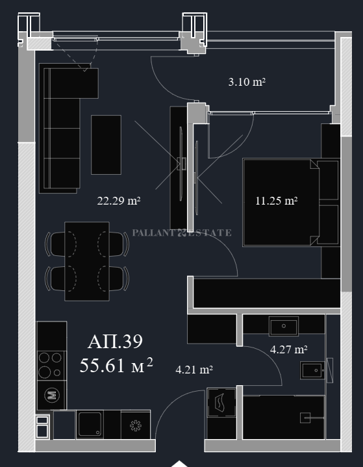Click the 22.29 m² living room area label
(x=119, y=201)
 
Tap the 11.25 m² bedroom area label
(x=277, y=201)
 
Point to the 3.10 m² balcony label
(x=247, y=82)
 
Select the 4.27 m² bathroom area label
(x=288, y=349)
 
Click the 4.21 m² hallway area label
(x=194, y=370)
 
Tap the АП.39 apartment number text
(x=115, y=342)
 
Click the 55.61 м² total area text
(x=116, y=365)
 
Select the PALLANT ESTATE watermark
(x=182, y=233)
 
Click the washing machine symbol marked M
(x=52, y=395)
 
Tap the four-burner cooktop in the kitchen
(x=51, y=366)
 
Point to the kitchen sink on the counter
(x=90, y=424)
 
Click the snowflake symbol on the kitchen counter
(x=136, y=425)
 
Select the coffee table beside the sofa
(x=106, y=145)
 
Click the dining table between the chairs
(x=87, y=261)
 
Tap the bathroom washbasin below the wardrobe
(x=284, y=326)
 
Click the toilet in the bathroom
(x=313, y=370)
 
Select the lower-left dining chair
(x=56, y=279)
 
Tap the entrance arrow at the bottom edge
(x=179, y=464)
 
